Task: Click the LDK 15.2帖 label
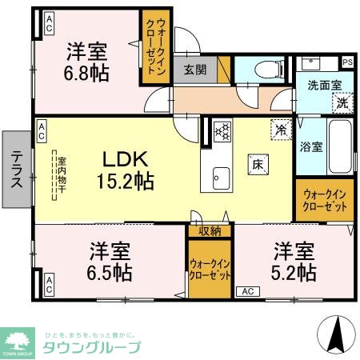[x=121, y=170]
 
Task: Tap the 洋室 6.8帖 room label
[x=87, y=61]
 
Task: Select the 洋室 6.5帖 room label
[x=110, y=261]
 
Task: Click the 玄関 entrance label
[x=195, y=70]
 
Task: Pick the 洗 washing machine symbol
[x=342, y=102]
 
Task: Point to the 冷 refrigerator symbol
[x=280, y=128]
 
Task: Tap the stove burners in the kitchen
[x=222, y=129]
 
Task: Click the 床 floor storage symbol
[x=259, y=163]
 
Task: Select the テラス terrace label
[x=16, y=169]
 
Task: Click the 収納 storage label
[x=210, y=230]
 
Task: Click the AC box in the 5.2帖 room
[x=246, y=292]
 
